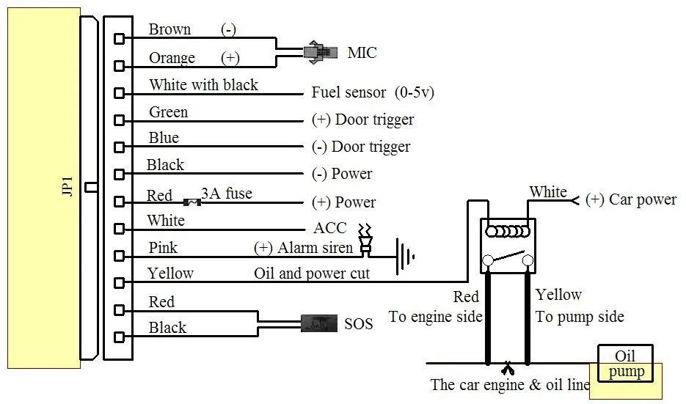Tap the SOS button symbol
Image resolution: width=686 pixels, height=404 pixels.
(318, 323)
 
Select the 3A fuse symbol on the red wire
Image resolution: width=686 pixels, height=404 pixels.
(192, 201)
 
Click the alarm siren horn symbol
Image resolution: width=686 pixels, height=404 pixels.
(364, 242)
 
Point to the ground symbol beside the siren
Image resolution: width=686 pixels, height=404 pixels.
(404, 256)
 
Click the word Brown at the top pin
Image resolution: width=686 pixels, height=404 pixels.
(169, 29)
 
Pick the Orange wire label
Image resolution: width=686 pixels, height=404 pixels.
(172, 58)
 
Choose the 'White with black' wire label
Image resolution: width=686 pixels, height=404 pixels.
(203, 85)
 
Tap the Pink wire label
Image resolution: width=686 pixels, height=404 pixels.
(163, 248)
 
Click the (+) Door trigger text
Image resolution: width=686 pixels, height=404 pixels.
(362, 120)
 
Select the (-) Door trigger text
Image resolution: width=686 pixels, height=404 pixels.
(361, 147)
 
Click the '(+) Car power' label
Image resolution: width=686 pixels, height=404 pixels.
(630, 199)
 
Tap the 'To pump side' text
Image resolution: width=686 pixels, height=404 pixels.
(580, 317)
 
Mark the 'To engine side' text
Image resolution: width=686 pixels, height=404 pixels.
(435, 317)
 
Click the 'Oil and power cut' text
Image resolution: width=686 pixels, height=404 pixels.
(312, 273)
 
